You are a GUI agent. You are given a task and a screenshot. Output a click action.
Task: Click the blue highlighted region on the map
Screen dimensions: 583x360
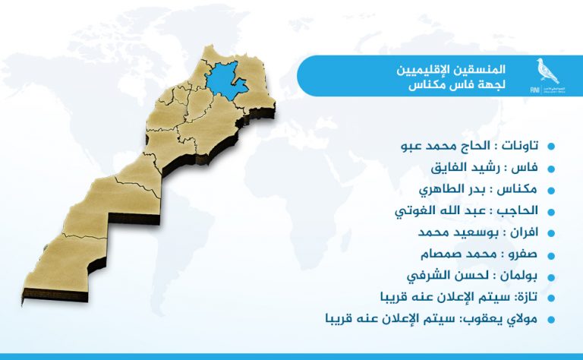coord(225,80)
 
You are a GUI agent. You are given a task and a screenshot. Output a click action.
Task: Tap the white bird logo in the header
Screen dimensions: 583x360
coord(547,71)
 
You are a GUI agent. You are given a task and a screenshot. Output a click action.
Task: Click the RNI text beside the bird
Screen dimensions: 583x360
coord(535,90)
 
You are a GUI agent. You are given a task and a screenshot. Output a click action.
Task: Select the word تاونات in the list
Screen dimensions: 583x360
coord(520,146)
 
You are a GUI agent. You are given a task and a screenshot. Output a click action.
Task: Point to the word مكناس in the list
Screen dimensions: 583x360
coord(518,189)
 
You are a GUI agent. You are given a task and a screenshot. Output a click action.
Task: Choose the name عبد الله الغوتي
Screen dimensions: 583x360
coord(440,211)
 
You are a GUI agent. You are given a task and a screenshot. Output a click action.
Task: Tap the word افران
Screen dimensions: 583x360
coord(525,232)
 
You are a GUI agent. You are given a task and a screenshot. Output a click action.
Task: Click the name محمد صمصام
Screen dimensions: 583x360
coord(459,254)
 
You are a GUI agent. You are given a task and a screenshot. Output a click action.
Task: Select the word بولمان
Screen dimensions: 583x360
coord(518,276)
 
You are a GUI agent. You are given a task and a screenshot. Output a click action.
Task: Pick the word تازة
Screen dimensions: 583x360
coord(528,297)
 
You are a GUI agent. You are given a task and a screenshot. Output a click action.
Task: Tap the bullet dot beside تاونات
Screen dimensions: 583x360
coord(551,146)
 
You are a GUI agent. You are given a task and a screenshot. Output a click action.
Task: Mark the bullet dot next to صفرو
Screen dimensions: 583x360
coord(551,255)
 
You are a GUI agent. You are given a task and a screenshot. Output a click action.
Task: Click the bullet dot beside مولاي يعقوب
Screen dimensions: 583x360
coord(551,320)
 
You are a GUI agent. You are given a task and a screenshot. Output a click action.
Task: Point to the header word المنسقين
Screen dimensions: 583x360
coord(486,70)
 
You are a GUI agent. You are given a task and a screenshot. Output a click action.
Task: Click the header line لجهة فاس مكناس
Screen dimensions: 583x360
coord(457,85)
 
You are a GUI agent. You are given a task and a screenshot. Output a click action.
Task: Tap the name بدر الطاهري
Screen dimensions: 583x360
coord(452,189)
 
